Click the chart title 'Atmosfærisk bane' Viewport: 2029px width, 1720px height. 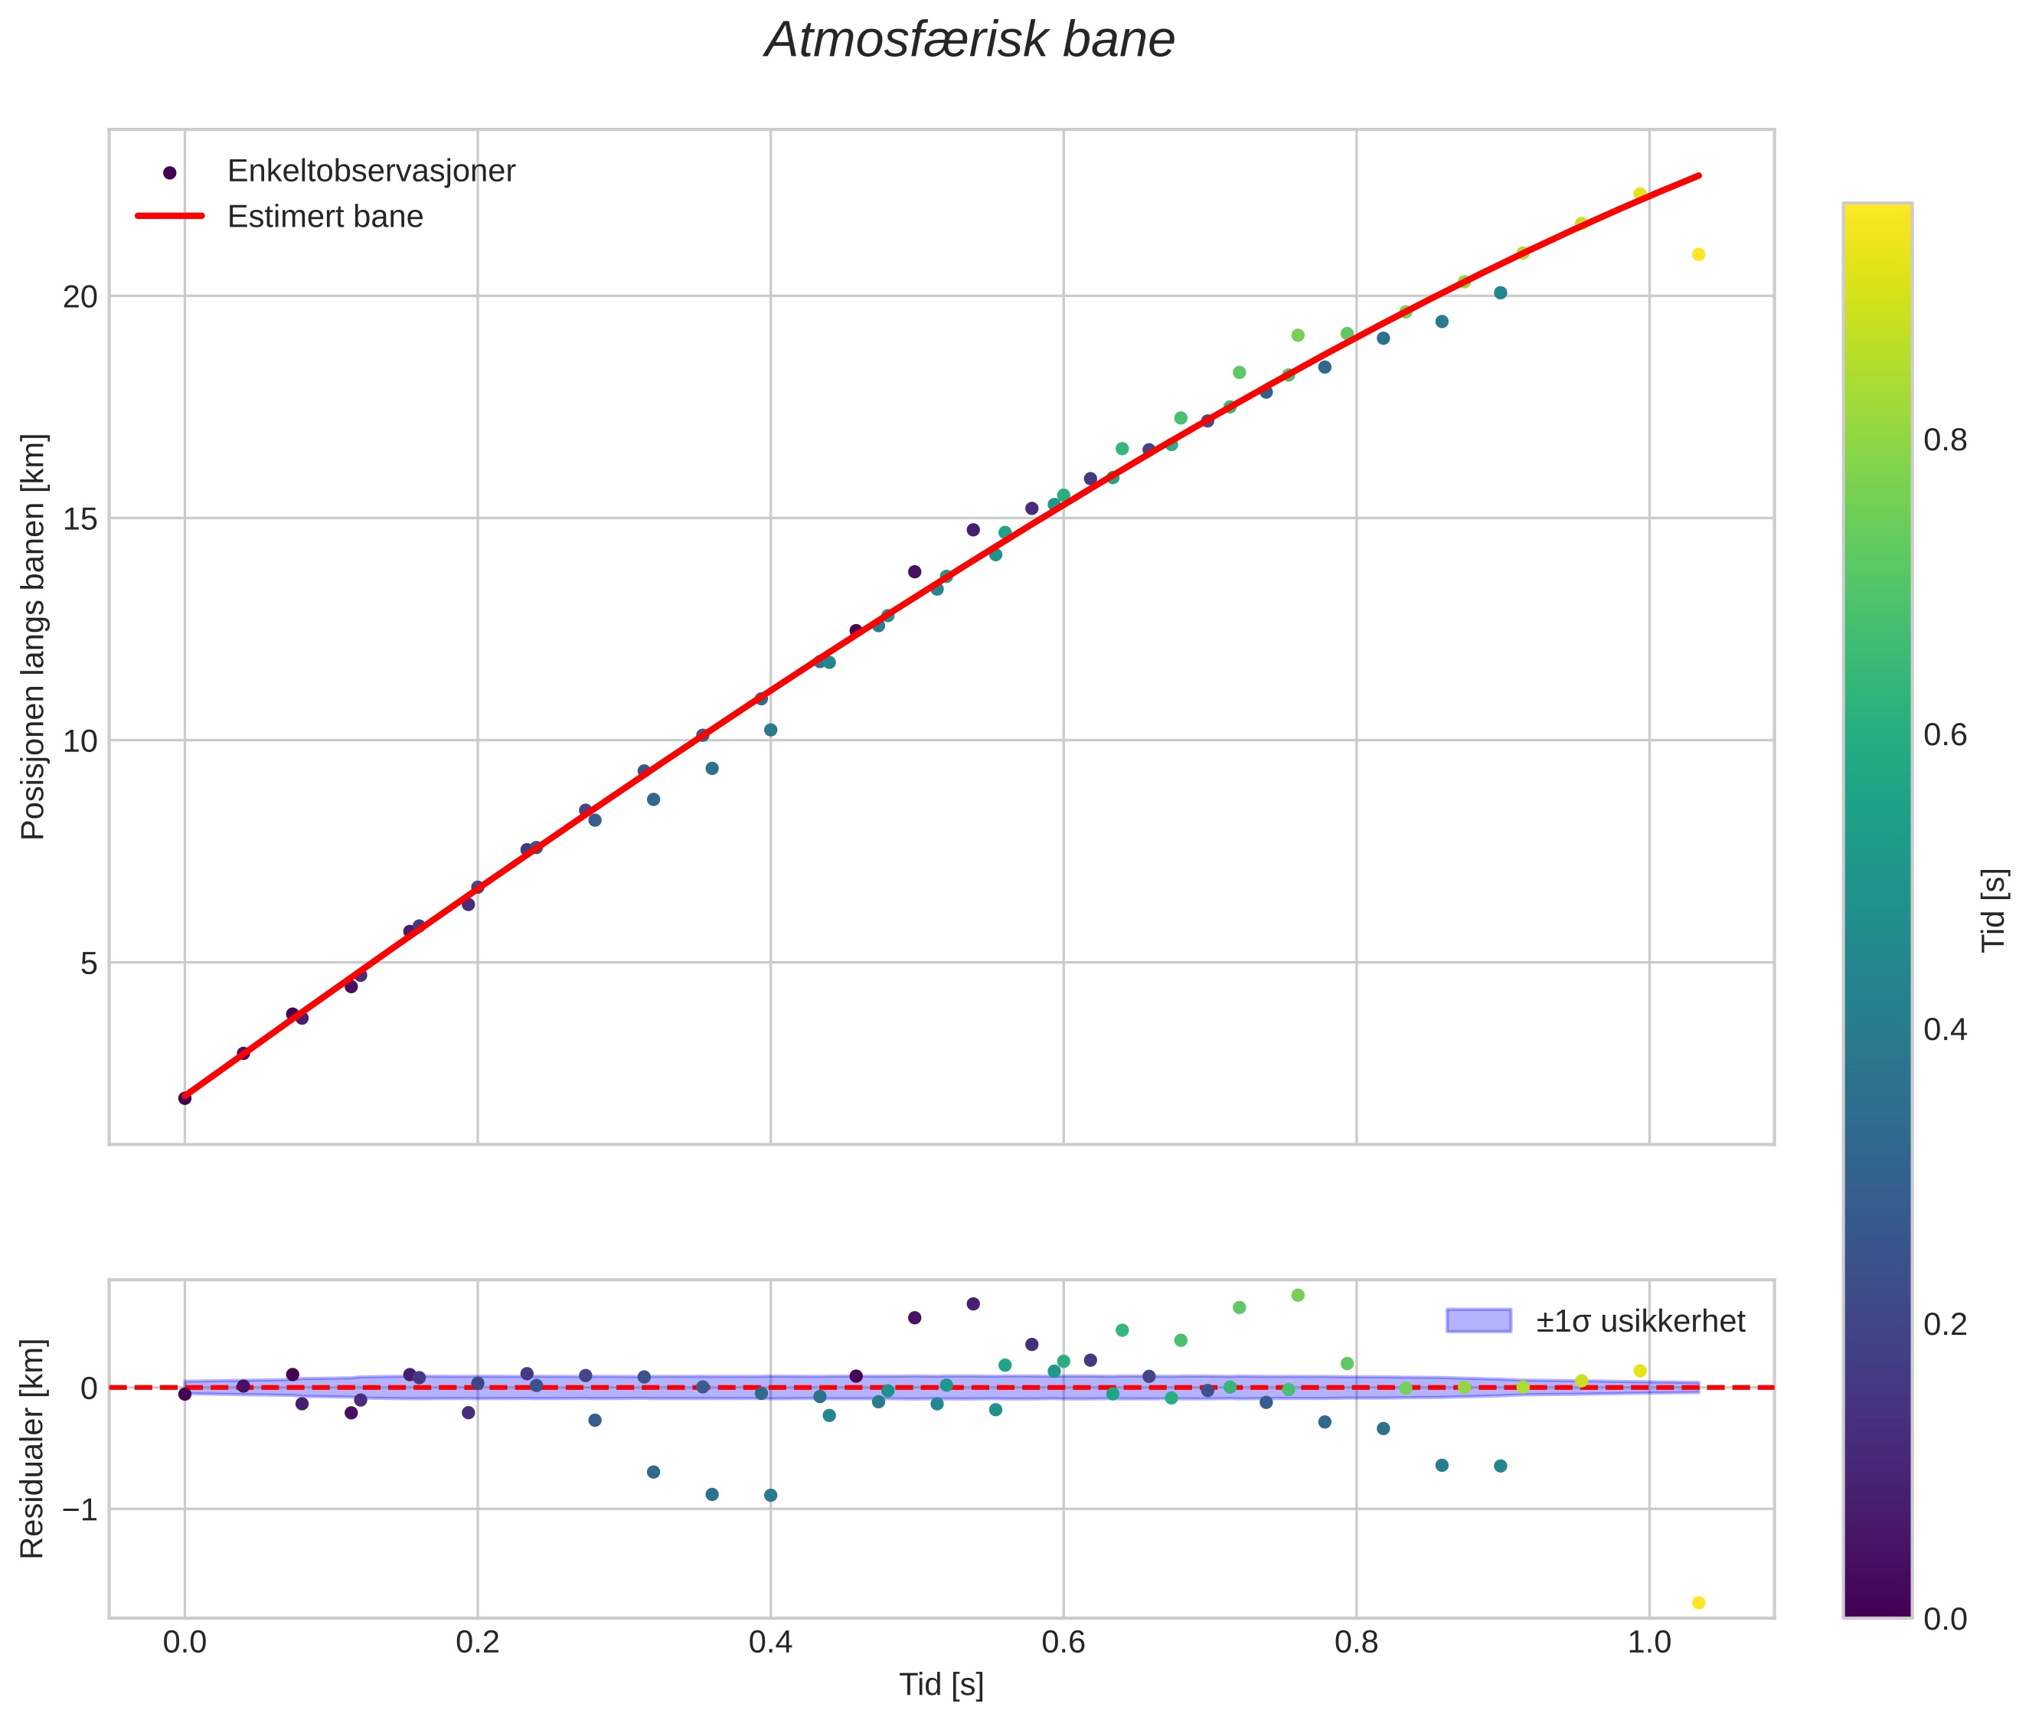coord(969,41)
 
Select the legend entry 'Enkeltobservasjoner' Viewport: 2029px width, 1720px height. coord(371,172)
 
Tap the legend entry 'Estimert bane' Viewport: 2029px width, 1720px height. coord(325,217)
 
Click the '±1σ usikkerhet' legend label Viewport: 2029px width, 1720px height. coord(1640,1321)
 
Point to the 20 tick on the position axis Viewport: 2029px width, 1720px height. coord(81,296)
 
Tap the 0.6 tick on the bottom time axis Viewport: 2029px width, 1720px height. coord(1063,1643)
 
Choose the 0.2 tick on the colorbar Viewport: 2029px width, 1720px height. coord(1945,1324)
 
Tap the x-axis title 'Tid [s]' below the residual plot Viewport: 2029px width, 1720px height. coord(941,1684)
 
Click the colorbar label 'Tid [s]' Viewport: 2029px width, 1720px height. coord(1995,910)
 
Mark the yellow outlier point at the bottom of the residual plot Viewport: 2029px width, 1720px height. coord(1698,1603)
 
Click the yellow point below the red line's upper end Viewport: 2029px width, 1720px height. coord(1698,254)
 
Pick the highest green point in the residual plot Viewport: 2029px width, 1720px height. coord(1298,1295)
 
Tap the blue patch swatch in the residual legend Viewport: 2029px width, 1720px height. coord(1478,1321)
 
